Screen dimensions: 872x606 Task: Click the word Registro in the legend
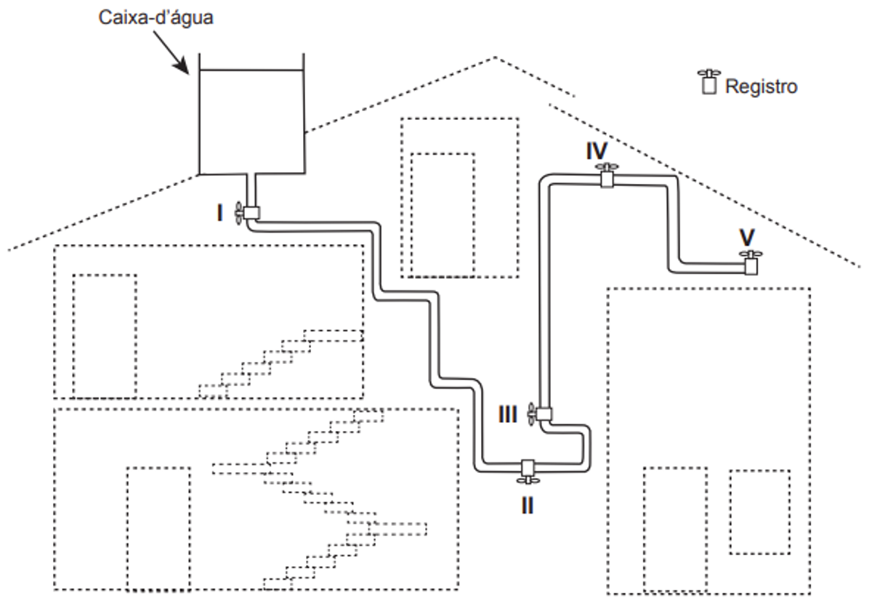761,87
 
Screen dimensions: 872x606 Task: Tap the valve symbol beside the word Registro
709,81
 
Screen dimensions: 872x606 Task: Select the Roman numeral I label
220,214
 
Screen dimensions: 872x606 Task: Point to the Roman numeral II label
528,506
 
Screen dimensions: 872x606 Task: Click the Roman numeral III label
508,414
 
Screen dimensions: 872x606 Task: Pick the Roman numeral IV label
597,151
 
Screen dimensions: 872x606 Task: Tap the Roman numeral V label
747,237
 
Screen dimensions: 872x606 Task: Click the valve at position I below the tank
248,213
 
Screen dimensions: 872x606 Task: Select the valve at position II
528,472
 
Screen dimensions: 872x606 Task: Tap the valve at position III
539,414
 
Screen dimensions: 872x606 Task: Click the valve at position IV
607,175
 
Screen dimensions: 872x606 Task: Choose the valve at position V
751,263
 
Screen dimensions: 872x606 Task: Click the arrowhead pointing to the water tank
182,67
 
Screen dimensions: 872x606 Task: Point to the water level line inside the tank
251,70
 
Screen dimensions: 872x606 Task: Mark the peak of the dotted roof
495,57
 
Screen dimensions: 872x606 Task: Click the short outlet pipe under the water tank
251,190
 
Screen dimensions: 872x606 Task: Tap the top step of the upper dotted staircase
334,336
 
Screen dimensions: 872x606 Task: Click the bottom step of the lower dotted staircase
278,583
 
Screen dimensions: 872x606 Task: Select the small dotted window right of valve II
760,512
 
